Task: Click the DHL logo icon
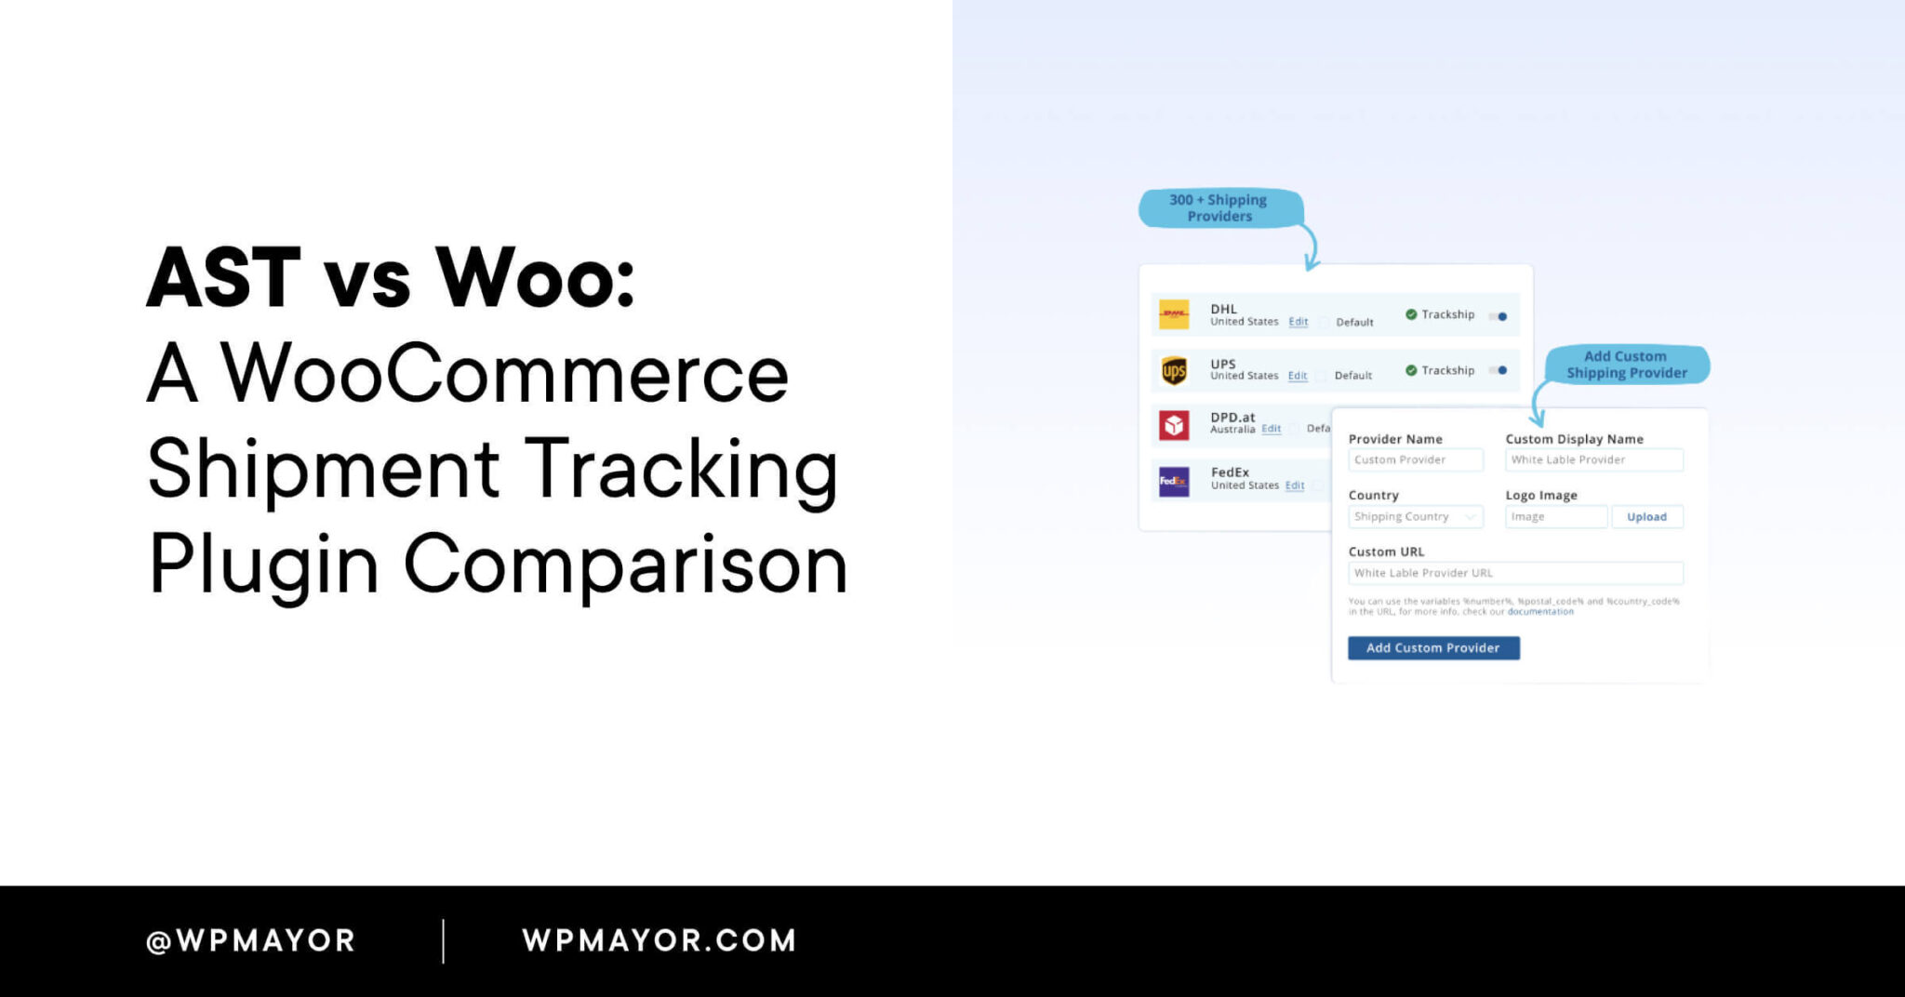[x=1174, y=314]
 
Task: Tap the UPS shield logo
[x=1174, y=370]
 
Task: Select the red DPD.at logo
[x=1174, y=425]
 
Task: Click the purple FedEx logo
[x=1174, y=481]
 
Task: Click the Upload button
[x=1646, y=517]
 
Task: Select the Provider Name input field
[x=1415, y=460]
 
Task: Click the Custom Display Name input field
[x=1593, y=460]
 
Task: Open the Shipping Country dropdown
[x=1415, y=517]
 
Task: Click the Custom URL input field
[x=1515, y=573]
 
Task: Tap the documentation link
[x=1540, y=612]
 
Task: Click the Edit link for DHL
[x=1299, y=322]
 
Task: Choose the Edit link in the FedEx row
[x=1295, y=485]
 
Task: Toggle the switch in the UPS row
[x=1499, y=370]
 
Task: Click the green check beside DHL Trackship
[x=1411, y=314]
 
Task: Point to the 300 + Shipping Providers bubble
[x=1219, y=208]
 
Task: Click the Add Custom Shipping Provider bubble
[x=1627, y=365]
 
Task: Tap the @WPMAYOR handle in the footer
[x=251, y=940]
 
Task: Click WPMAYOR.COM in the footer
[x=659, y=940]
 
